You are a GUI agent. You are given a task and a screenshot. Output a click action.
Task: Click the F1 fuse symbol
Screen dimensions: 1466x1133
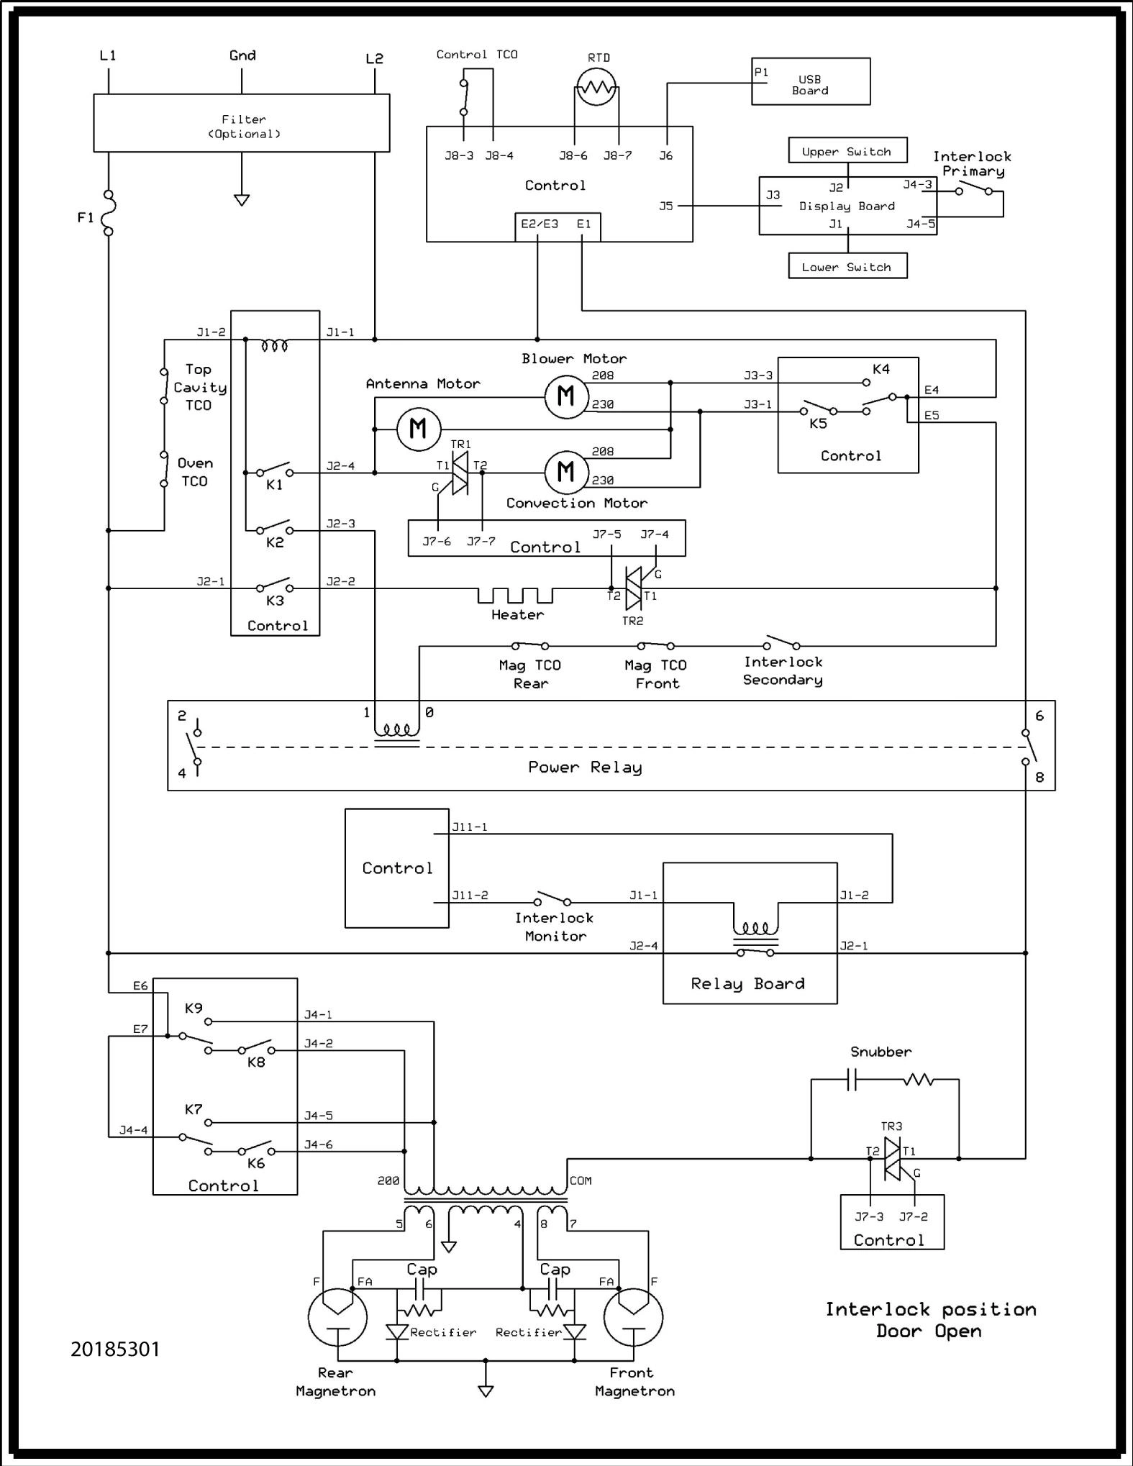coord(109,213)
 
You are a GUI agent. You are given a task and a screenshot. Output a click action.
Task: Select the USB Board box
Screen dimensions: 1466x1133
coord(810,81)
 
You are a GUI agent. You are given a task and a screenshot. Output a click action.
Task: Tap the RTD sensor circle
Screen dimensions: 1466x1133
coord(596,88)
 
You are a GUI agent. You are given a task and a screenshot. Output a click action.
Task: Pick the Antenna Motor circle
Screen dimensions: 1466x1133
coord(418,429)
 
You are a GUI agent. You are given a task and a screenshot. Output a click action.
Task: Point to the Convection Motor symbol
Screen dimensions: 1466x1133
coord(566,472)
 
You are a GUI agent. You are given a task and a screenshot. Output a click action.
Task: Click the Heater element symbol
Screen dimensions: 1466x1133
coord(515,596)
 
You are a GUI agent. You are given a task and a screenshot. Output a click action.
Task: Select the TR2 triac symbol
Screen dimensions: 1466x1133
coord(633,588)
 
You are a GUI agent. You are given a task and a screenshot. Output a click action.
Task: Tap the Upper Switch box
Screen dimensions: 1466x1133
coord(847,151)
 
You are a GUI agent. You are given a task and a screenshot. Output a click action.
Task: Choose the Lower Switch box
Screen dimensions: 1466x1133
coord(847,266)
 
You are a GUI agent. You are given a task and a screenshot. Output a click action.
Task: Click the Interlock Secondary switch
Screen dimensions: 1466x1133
coord(781,642)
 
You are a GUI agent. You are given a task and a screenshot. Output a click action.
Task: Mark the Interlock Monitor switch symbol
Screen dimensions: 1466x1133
coord(552,898)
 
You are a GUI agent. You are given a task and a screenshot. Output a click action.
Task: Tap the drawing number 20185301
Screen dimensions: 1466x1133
coord(115,1349)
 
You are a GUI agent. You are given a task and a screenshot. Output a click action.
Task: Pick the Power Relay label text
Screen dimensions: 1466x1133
coord(584,767)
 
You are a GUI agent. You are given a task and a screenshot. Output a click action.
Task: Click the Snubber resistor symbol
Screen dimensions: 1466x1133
coord(918,1080)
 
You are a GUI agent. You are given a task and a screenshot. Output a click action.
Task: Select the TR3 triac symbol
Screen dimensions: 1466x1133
coord(892,1159)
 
